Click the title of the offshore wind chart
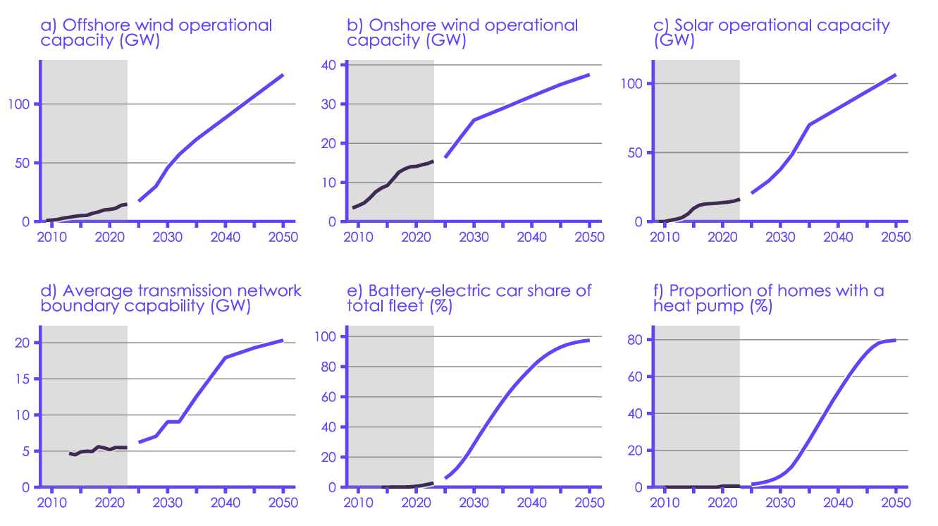156,32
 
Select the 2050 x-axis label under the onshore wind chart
589,236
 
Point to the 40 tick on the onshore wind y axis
330,66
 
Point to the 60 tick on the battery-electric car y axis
330,397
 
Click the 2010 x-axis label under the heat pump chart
664,502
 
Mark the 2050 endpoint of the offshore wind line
283,75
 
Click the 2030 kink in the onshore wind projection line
474,120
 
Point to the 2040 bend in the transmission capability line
225,357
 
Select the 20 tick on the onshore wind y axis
330,144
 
